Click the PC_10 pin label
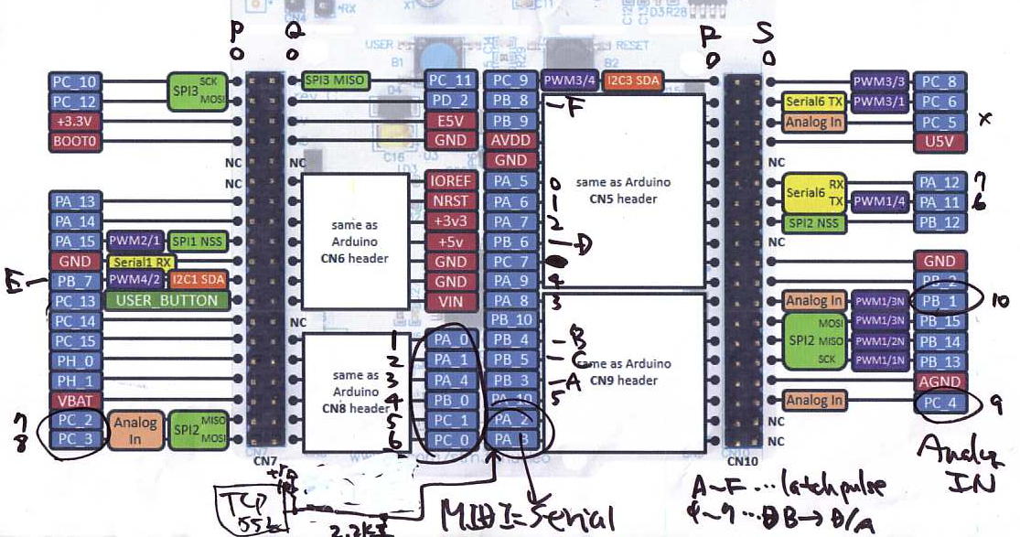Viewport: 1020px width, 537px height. [x=74, y=81]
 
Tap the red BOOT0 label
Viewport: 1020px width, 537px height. [x=74, y=141]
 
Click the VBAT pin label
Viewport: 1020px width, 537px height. [x=74, y=400]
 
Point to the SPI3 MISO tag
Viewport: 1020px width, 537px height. [x=335, y=81]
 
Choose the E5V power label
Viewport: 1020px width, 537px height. [x=450, y=121]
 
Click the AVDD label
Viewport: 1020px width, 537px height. [x=510, y=141]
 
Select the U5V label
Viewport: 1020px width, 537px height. [x=938, y=141]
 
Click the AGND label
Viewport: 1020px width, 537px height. [x=938, y=381]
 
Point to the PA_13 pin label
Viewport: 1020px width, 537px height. [x=74, y=201]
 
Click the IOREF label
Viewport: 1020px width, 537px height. [x=450, y=181]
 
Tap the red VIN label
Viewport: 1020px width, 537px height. [x=450, y=301]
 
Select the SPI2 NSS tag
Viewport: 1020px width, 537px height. [x=814, y=222]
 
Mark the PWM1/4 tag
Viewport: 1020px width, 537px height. [x=880, y=201]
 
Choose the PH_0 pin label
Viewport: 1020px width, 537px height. [x=74, y=360]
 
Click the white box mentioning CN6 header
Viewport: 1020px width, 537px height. [x=355, y=241]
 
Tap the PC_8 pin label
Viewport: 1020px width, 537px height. [x=938, y=81]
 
